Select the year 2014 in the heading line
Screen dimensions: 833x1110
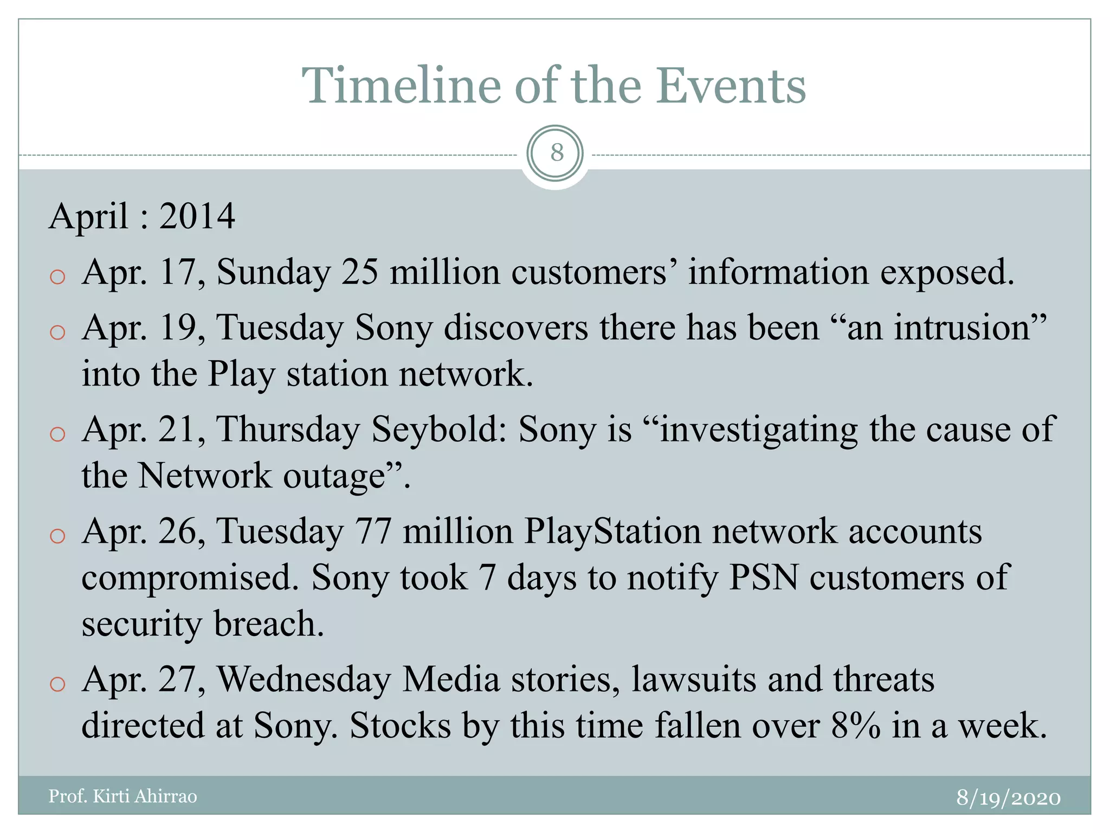(x=197, y=216)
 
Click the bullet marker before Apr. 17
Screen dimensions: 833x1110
(x=57, y=277)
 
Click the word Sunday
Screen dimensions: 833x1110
(x=274, y=273)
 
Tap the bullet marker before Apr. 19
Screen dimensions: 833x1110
(x=57, y=332)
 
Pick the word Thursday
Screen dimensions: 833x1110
(x=288, y=430)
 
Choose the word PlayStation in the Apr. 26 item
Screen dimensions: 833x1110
(x=612, y=531)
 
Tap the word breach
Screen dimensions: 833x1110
(x=269, y=624)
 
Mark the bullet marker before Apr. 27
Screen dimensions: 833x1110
(x=57, y=684)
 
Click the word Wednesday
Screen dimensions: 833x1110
(x=304, y=680)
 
